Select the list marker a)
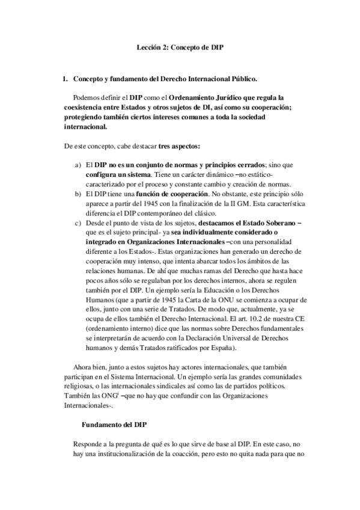[78, 164]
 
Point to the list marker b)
[78, 193]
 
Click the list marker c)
[78, 222]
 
